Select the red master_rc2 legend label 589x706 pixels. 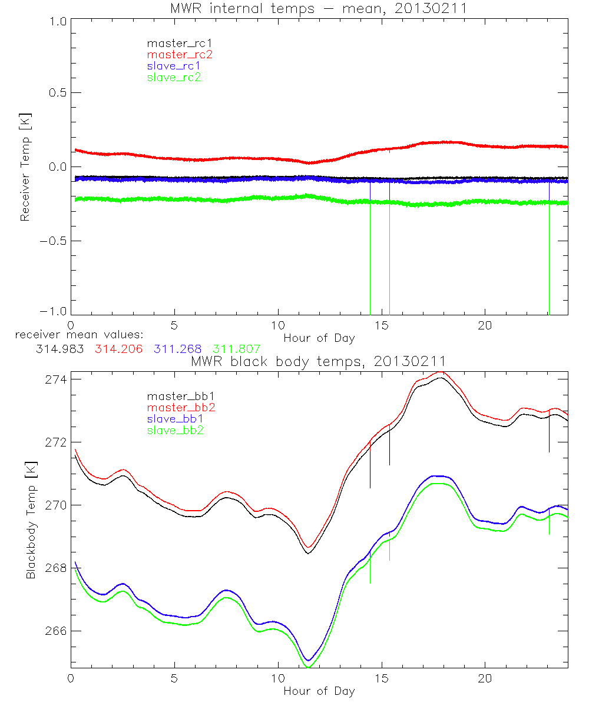coord(179,54)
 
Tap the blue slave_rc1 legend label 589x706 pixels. coord(174,65)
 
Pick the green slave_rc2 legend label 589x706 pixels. coord(174,76)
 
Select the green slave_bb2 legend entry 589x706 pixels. coord(176,431)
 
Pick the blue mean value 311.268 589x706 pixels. coord(175,349)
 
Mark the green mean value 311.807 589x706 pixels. coord(236,349)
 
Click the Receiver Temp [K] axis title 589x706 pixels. coord(25,166)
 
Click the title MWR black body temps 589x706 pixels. coord(318,361)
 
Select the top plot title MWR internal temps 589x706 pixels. coord(318,8)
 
